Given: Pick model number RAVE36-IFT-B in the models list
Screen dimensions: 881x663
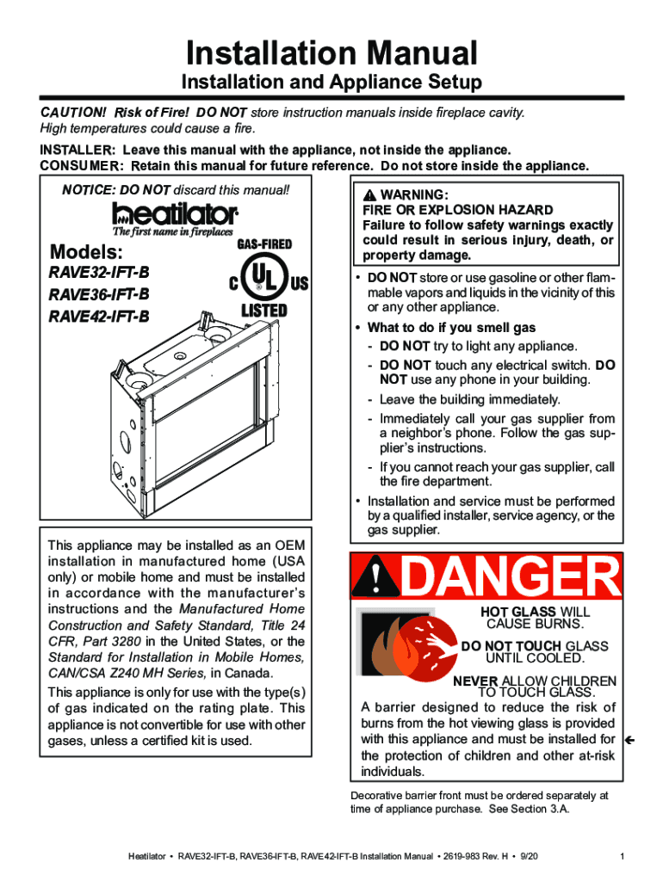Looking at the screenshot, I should [99, 295].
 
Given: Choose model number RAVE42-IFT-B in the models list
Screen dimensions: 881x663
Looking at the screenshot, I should [99, 316].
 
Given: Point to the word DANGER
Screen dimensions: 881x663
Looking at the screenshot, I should [508, 577].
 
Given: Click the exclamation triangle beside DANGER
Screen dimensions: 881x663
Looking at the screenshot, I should [375, 577].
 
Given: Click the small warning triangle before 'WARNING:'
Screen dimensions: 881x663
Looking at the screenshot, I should [369, 195].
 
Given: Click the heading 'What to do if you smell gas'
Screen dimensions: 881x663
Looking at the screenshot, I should [451, 327].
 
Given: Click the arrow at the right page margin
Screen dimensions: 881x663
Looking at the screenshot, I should [630, 739].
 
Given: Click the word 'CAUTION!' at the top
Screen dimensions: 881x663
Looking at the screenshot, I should [75, 113].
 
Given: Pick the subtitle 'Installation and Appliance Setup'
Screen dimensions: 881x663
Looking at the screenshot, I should [331, 83].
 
